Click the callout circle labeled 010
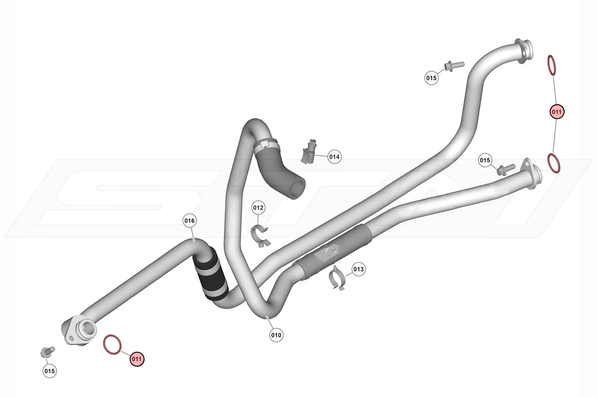point(276,335)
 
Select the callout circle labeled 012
point(258,207)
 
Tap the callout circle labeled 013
point(359,269)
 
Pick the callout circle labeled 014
point(334,157)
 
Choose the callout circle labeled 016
point(189,221)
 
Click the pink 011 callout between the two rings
point(557,111)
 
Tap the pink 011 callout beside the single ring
point(137,359)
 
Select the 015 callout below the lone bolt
point(49,371)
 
